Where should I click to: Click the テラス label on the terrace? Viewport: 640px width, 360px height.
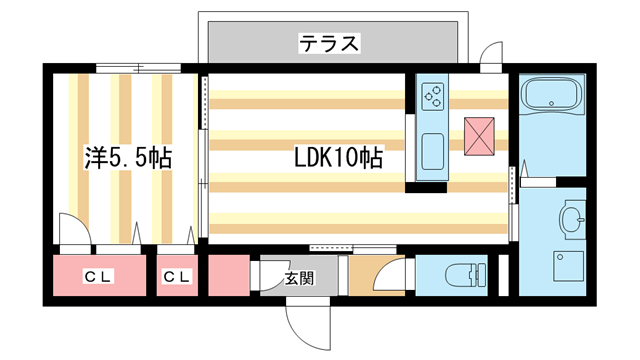coord(330,43)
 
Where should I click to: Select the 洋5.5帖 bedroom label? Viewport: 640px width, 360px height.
coord(127,158)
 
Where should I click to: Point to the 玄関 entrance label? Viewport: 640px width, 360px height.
coord(298,277)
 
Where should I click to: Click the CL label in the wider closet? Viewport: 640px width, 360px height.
coord(97,277)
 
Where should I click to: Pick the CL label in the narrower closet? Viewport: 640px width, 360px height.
coord(177,277)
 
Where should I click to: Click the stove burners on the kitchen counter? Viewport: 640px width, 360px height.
coord(435,97)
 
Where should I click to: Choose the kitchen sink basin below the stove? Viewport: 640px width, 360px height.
coord(435,150)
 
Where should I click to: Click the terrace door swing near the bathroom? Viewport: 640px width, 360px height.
coord(492,55)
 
